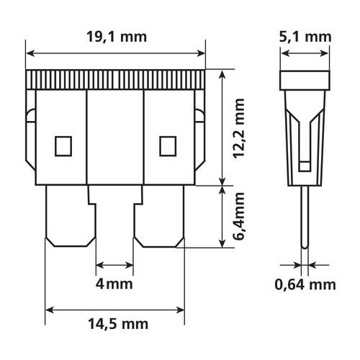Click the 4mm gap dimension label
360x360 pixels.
point(114,284)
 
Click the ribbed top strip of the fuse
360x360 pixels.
point(115,80)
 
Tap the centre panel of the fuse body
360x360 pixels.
point(115,137)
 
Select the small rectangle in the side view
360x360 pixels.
point(305,166)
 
